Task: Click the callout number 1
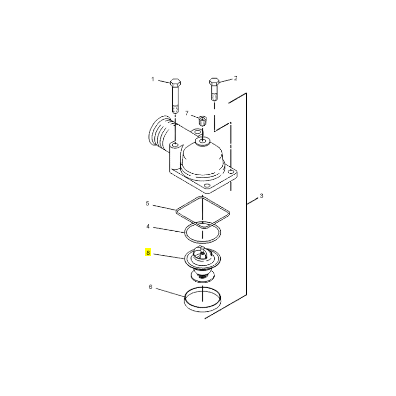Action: [x=152, y=79]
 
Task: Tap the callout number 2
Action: [x=236, y=78]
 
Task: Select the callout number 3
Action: [x=261, y=196]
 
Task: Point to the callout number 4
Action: [x=148, y=227]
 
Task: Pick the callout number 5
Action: [x=148, y=203]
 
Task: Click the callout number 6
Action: [x=150, y=287]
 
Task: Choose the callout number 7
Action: [x=187, y=113]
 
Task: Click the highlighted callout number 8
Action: [x=148, y=252]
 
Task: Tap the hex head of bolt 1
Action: [x=175, y=82]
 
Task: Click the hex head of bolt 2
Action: [x=214, y=81]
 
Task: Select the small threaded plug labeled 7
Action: [x=202, y=121]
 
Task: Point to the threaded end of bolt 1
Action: [x=175, y=109]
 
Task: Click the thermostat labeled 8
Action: [x=202, y=264]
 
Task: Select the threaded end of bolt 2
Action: [x=214, y=97]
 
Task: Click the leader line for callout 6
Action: [x=170, y=293]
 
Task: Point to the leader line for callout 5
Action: [x=164, y=207]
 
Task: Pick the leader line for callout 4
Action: [x=169, y=230]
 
